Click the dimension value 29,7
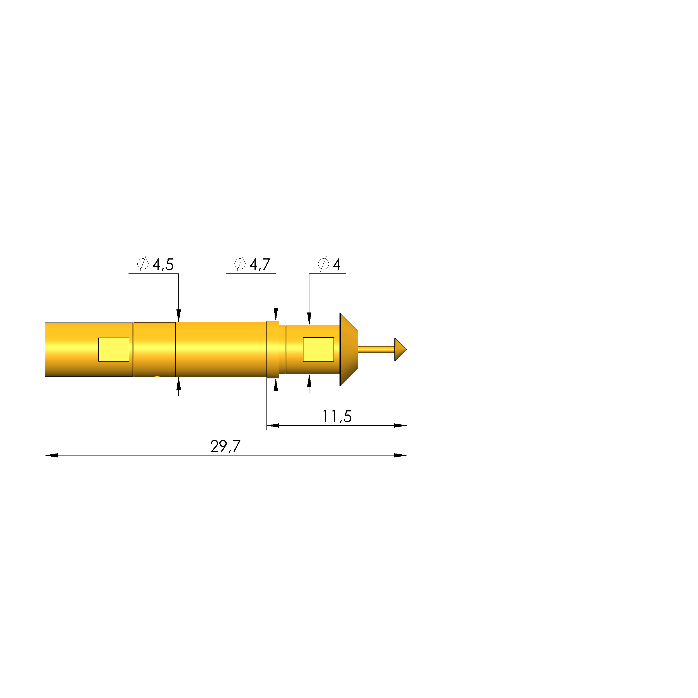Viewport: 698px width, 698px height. point(225,447)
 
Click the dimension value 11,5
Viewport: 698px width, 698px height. point(337,416)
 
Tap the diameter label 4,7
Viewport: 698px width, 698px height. point(260,265)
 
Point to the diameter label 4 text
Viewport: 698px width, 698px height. point(336,265)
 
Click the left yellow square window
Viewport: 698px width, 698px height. point(114,349)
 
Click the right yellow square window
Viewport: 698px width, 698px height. point(318,349)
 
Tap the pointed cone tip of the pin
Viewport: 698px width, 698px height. point(400,349)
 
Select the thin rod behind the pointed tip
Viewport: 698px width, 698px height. point(376,349)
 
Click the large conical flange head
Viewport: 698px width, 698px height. point(348,349)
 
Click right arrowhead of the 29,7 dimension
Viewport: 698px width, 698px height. point(401,455)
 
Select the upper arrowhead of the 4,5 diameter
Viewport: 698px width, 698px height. point(178,315)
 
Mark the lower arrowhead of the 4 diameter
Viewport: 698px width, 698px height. point(309,381)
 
